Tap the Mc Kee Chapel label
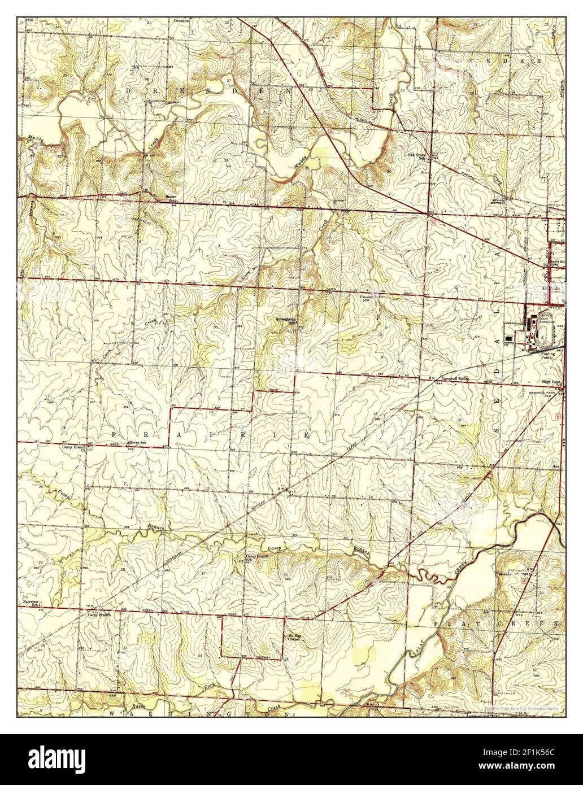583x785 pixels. (x=292, y=636)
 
